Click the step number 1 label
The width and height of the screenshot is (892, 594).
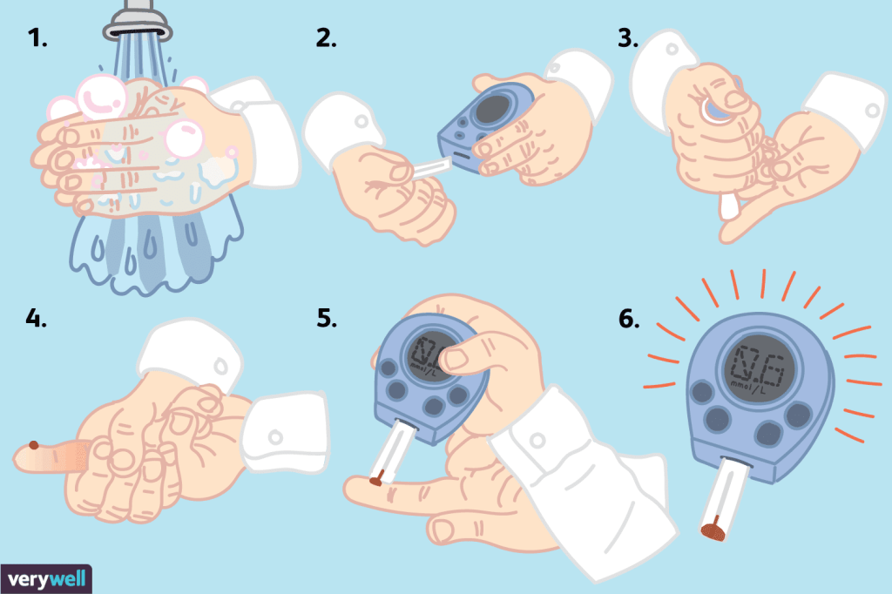click(x=37, y=38)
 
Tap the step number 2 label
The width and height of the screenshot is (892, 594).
click(x=326, y=38)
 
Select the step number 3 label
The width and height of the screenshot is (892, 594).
click(x=628, y=38)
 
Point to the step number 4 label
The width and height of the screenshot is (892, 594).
click(x=36, y=318)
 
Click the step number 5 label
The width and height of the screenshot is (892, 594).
click(x=327, y=318)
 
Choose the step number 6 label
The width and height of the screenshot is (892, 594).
click(x=629, y=319)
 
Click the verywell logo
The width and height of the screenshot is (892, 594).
click(x=46, y=579)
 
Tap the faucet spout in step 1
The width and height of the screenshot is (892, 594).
click(x=138, y=20)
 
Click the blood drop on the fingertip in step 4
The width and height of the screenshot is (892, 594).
click(x=34, y=445)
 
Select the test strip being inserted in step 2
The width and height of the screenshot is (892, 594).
click(x=431, y=170)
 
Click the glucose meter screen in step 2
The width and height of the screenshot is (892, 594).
click(x=494, y=109)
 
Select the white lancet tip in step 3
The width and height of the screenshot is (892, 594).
click(x=727, y=206)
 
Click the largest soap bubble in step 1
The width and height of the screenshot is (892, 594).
click(x=101, y=97)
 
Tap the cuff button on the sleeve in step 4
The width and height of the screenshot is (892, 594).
click(x=276, y=437)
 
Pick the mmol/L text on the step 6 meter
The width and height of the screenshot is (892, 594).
click(x=748, y=388)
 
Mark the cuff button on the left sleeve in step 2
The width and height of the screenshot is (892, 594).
click(x=361, y=121)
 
